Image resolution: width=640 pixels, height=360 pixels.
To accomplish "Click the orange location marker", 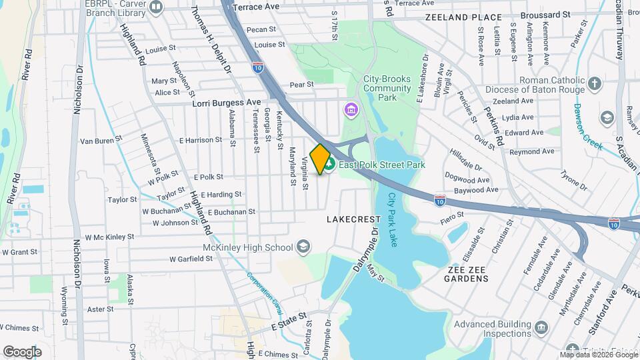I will (x=321, y=159).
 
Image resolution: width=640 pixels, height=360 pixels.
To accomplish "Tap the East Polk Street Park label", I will (x=382, y=165).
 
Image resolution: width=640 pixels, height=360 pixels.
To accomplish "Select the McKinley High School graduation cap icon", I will (x=303, y=247).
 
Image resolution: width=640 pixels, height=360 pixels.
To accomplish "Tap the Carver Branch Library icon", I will (x=157, y=7).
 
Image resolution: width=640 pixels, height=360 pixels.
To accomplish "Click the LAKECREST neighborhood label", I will (x=353, y=219).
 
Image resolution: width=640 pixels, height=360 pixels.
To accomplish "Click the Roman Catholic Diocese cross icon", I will (x=594, y=85).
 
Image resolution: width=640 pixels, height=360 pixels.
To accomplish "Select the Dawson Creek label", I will (x=589, y=127).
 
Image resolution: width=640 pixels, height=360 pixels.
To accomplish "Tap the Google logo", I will (x=22, y=351).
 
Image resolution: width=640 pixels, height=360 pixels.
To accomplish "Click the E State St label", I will (x=289, y=322).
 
